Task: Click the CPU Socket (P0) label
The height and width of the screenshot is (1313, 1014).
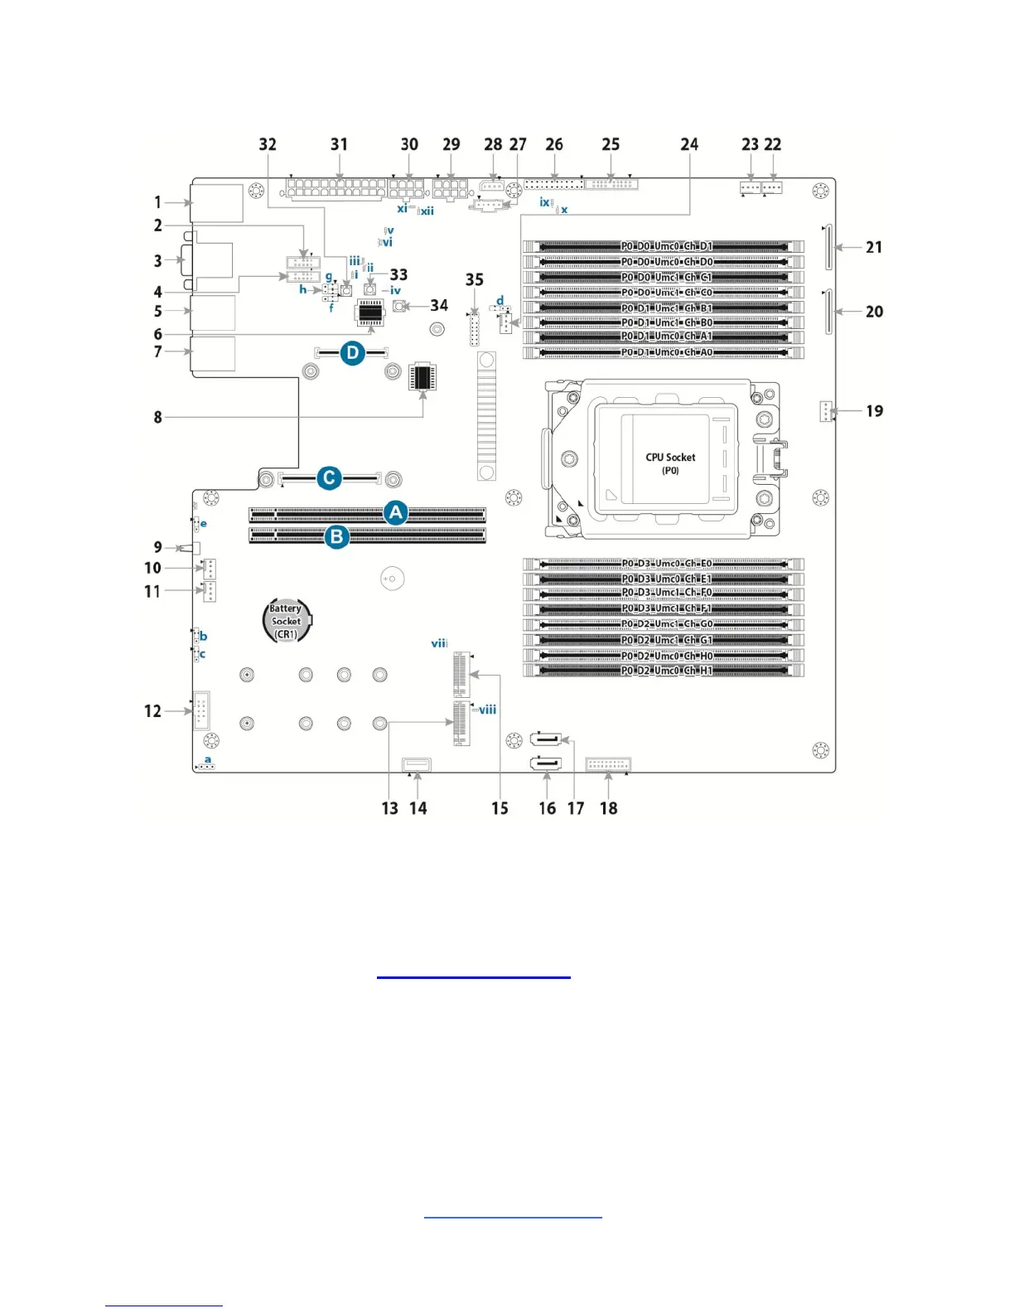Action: pyautogui.click(x=670, y=463)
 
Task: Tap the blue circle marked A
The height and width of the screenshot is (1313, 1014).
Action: pyautogui.click(x=396, y=512)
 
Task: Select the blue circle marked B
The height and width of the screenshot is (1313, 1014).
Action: pyautogui.click(x=336, y=536)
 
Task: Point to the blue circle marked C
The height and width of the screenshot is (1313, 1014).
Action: pyautogui.click(x=329, y=478)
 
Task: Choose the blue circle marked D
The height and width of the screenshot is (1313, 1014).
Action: pyautogui.click(x=353, y=353)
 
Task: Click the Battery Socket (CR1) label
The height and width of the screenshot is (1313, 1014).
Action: pyautogui.click(x=286, y=621)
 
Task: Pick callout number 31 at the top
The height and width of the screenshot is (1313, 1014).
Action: pyautogui.click(x=339, y=144)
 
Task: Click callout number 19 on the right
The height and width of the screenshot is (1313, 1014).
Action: pyautogui.click(x=874, y=411)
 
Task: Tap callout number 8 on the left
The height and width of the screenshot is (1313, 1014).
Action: pyautogui.click(x=157, y=417)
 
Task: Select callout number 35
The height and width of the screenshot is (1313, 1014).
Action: pyautogui.click(x=474, y=280)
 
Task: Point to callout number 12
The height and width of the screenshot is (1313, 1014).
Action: pyautogui.click(x=152, y=711)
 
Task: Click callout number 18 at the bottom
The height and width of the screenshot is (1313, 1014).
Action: pyautogui.click(x=608, y=808)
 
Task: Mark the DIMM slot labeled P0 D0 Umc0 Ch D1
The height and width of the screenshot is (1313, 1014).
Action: pyautogui.click(x=666, y=246)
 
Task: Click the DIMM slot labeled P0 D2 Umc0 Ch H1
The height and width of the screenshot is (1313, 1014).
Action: pyautogui.click(x=666, y=671)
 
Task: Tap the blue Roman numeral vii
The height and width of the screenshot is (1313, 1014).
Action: pyautogui.click(x=439, y=643)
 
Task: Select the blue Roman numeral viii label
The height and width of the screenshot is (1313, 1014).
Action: pyautogui.click(x=487, y=710)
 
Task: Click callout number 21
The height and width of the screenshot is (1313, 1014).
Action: pyautogui.click(x=874, y=247)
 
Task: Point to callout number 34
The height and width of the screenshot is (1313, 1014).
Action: pyautogui.click(x=439, y=306)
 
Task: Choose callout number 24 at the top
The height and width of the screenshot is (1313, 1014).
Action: pyautogui.click(x=689, y=144)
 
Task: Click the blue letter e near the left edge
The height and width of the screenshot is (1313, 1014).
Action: pyautogui.click(x=204, y=524)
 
